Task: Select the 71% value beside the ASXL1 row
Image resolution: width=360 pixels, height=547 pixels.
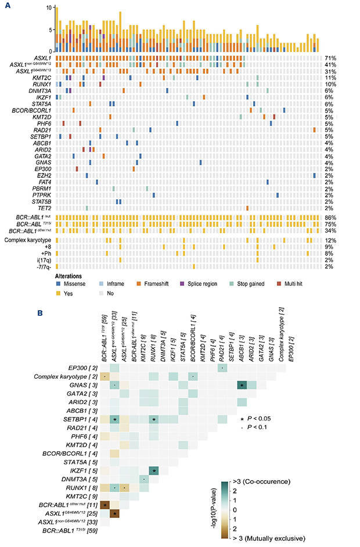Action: [x=331, y=58]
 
